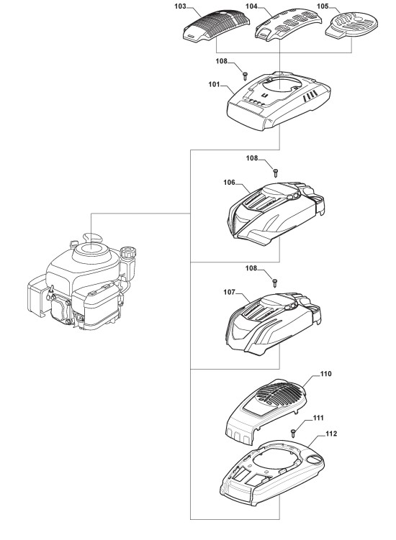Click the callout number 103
[181, 6]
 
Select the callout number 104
[251, 6]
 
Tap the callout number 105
[323, 6]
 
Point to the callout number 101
[215, 84]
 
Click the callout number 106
[230, 182]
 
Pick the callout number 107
[230, 292]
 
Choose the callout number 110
[325, 374]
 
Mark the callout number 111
[318, 418]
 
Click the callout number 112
[331, 434]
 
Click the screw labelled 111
[293, 433]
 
